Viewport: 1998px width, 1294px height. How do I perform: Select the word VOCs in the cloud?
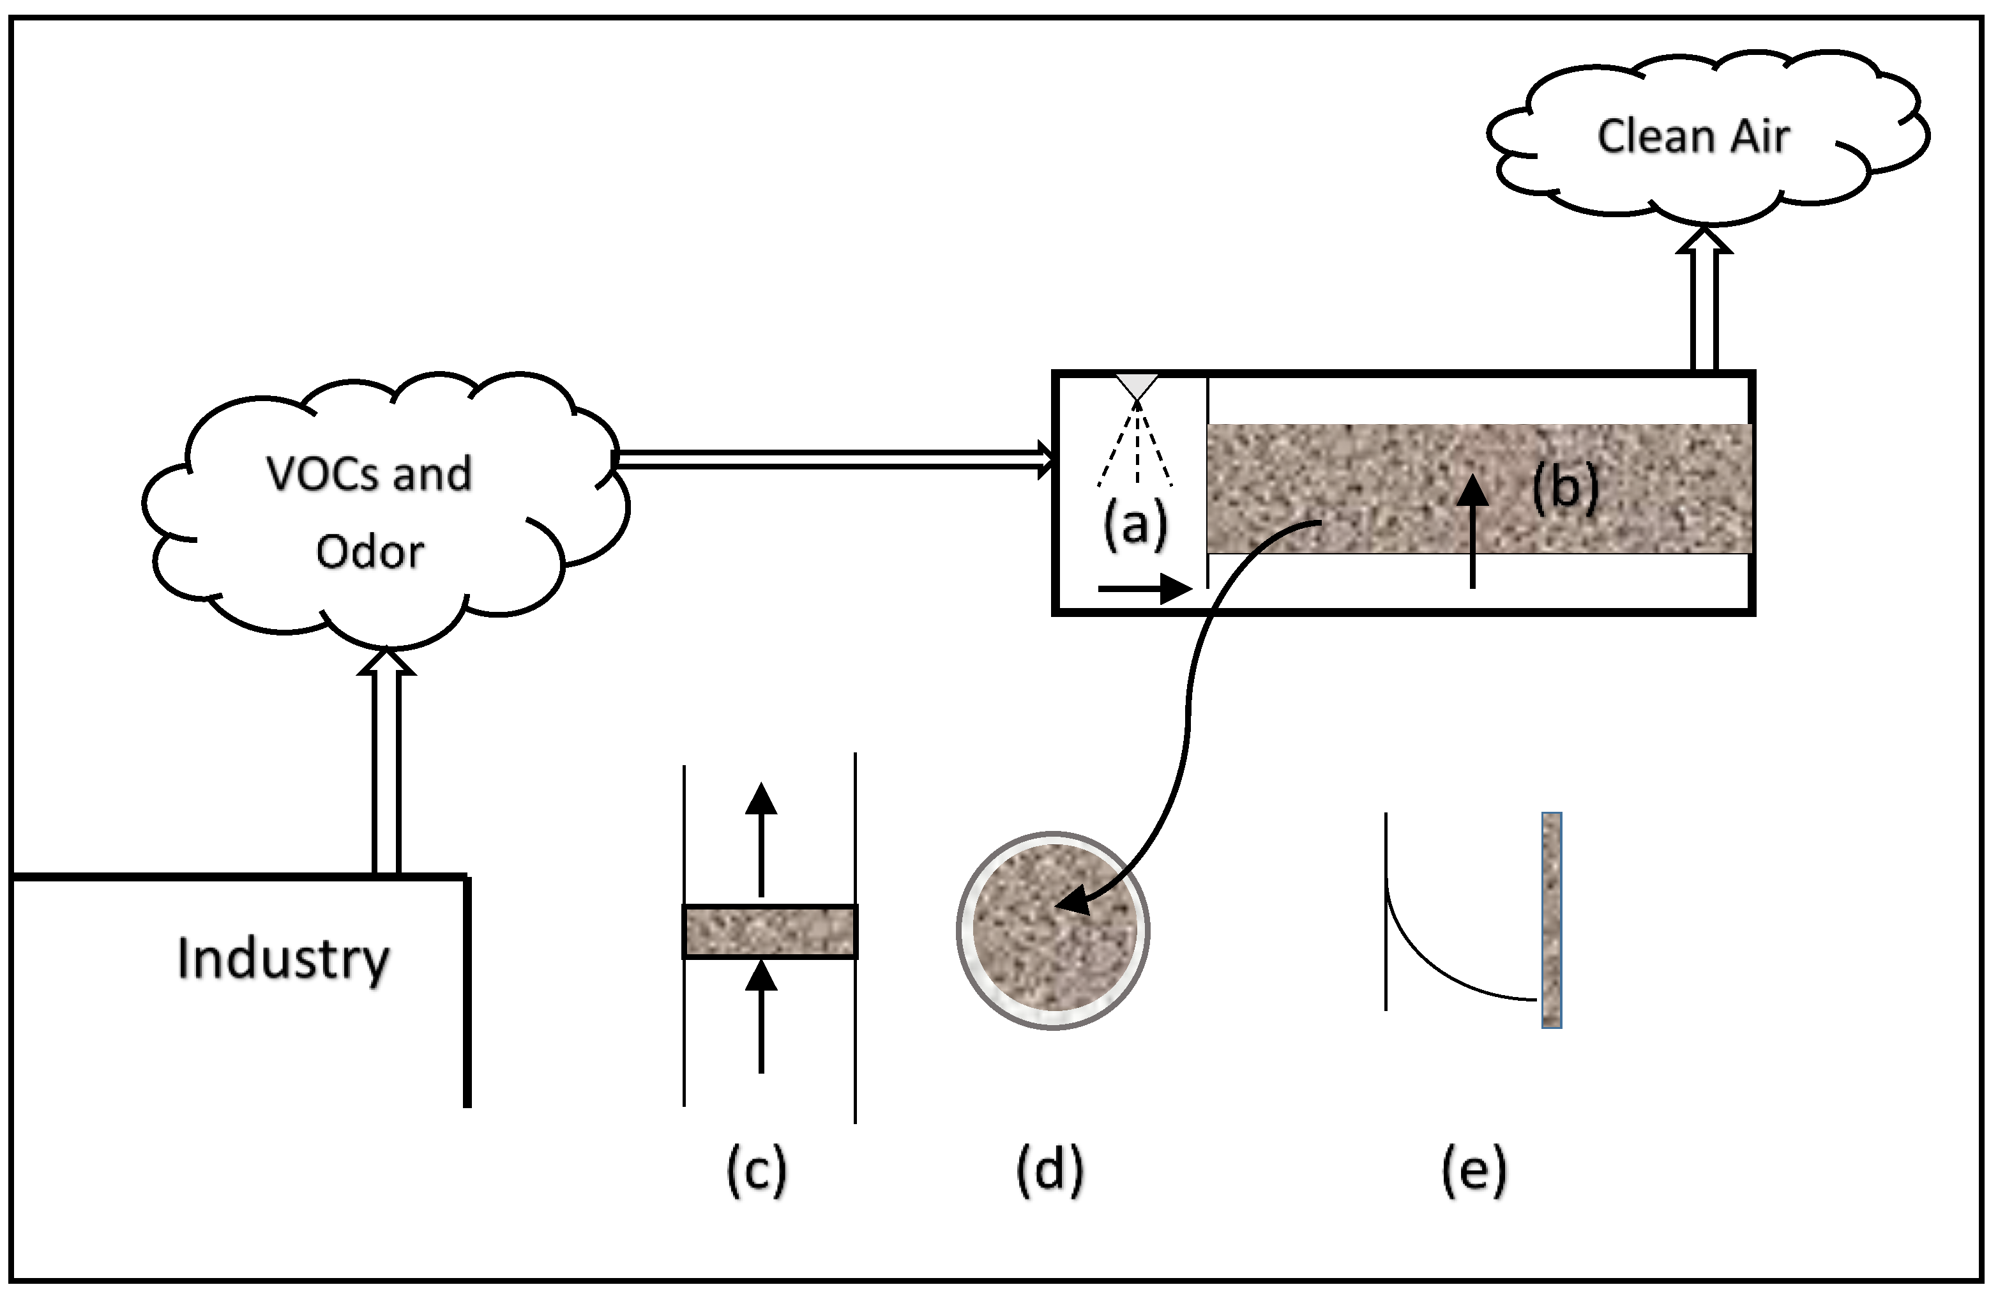click(322, 474)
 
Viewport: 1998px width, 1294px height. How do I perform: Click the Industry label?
click(283, 958)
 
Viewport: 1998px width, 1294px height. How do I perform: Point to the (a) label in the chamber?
click(1135, 526)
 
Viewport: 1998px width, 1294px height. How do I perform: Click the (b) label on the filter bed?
click(1565, 487)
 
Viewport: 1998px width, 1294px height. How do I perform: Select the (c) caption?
click(757, 1169)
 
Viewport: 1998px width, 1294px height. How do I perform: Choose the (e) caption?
click(1474, 1169)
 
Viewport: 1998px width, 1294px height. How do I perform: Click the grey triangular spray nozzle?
click(1137, 387)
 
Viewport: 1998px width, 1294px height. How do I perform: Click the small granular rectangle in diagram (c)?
click(770, 932)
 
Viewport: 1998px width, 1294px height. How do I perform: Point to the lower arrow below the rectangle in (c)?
click(761, 1016)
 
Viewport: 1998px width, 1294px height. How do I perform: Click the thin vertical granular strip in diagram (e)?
click(1552, 920)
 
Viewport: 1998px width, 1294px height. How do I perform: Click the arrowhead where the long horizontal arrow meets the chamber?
click(1046, 459)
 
